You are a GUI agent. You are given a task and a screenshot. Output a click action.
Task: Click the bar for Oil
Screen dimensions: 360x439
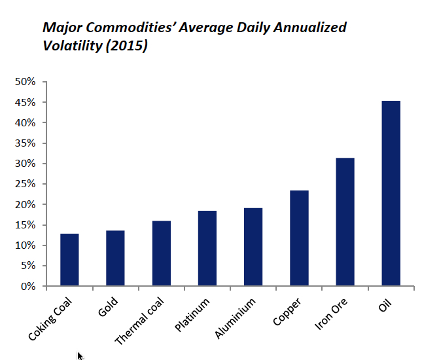point(391,194)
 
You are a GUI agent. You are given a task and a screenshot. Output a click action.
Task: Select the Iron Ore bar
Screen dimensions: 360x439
point(345,222)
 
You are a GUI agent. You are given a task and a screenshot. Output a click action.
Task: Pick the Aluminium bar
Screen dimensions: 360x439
point(253,247)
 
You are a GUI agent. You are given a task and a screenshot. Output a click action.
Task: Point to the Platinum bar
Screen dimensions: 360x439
point(207,249)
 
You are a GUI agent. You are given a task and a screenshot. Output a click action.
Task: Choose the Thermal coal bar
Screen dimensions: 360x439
point(162,254)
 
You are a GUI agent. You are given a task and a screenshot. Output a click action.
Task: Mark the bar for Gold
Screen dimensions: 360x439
point(115,259)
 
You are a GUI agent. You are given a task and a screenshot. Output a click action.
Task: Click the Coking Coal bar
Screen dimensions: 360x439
point(69,260)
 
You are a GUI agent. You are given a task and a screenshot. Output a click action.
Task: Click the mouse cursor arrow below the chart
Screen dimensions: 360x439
point(80,355)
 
